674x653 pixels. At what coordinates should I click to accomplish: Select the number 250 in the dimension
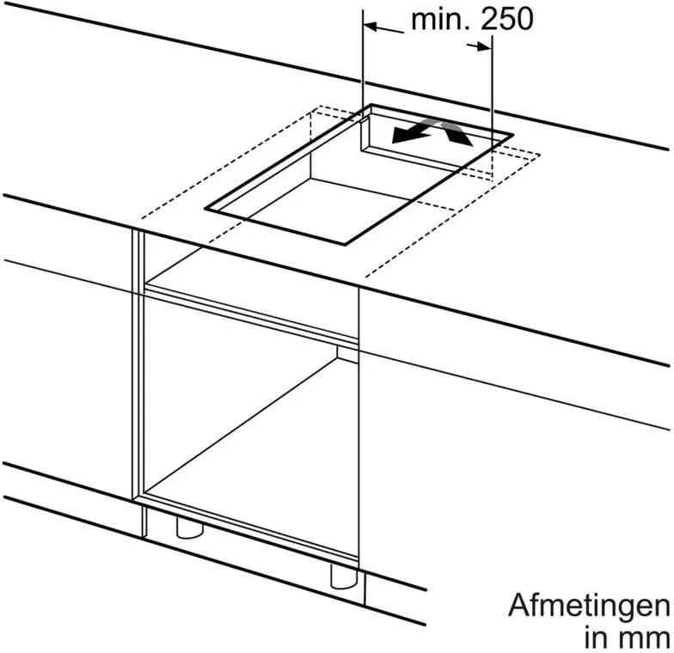point(507,19)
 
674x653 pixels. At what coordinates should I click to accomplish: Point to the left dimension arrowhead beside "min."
point(371,26)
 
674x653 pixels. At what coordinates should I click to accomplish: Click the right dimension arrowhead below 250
point(484,46)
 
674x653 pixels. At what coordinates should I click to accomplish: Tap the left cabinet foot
point(189,528)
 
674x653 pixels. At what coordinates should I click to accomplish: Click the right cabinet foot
point(344,576)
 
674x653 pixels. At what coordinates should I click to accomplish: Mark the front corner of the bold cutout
point(346,244)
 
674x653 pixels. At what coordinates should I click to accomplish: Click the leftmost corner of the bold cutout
point(205,210)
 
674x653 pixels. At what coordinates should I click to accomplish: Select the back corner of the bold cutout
point(371,105)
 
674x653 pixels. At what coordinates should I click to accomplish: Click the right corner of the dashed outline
point(540,155)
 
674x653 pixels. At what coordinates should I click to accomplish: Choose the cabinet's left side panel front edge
point(138,364)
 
